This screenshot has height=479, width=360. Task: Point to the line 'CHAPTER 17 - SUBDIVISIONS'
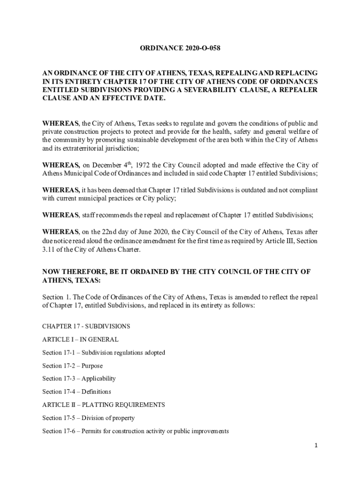click(x=86, y=326)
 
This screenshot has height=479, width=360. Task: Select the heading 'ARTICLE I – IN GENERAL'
click(x=80, y=339)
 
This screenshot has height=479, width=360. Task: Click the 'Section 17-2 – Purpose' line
click(x=72, y=365)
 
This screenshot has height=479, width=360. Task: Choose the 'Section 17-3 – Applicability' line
click(x=79, y=378)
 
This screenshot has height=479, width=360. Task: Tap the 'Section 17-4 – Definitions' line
click(x=77, y=392)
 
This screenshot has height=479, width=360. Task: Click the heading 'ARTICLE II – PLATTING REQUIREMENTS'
click(x=103, y=405)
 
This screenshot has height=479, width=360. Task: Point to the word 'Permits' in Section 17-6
click(x=93, y=431)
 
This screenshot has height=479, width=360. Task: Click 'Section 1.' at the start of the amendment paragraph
click(x=55, y=297)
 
